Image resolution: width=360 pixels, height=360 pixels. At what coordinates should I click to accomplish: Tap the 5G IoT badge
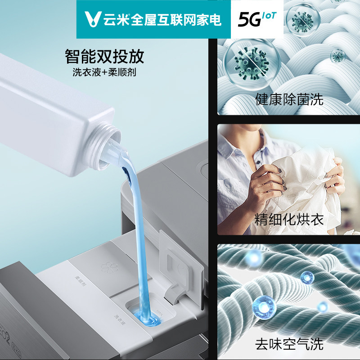coord(257,19)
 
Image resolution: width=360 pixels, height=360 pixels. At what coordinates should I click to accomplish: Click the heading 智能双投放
coord(104,57)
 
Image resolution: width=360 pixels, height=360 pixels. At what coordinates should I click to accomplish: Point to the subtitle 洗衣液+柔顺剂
coord(104,72)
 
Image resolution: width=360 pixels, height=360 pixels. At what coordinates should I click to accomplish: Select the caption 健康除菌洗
coord(289,99)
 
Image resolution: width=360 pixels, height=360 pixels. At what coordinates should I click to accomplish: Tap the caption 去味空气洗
coord(289,345)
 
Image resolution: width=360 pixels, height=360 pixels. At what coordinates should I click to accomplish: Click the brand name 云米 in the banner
coord(113,19)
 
